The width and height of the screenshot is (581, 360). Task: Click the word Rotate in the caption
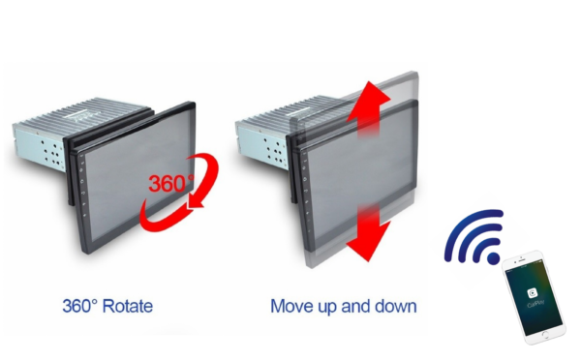coord(127,307)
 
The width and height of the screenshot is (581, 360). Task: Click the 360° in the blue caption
coord(80,307)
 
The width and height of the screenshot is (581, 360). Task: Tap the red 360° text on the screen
coord(171,183)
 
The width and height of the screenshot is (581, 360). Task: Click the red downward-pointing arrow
coord(368,233)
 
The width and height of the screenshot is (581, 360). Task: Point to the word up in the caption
coord(327,308)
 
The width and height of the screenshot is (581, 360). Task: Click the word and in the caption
coord(355,307)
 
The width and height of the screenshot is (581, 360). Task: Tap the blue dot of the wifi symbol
coord(493,258)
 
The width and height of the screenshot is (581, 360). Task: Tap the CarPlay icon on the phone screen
coord(533,293)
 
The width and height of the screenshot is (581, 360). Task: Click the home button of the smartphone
coord(545,335)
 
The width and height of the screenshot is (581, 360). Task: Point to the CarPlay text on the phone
coord(535,304)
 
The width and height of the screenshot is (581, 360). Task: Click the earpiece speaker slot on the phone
coord(522,260)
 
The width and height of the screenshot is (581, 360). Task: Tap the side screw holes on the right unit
coord(275,150)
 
